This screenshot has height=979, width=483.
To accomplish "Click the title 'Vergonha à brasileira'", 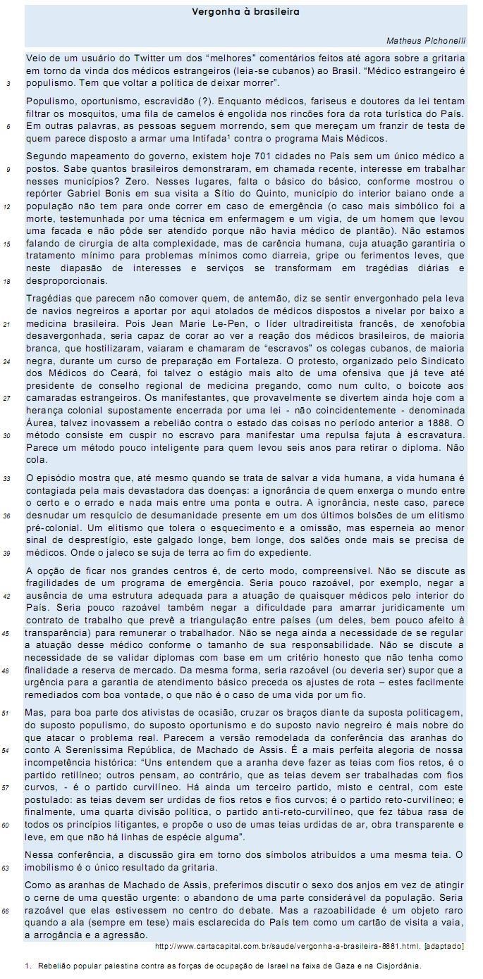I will (x=245, y=12).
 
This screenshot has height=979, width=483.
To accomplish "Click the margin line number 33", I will (x=8, y=478).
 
